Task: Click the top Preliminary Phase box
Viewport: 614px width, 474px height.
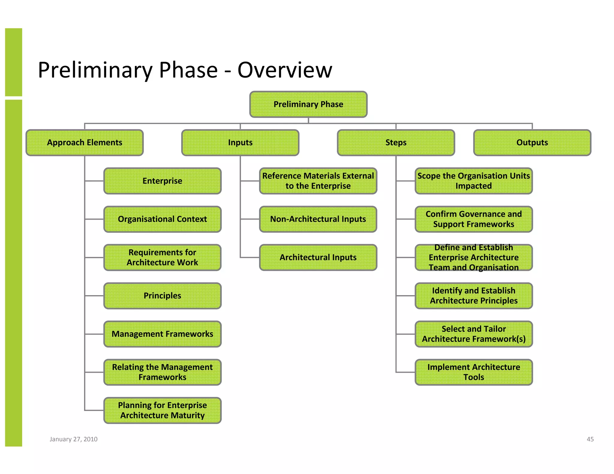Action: click(308, 104)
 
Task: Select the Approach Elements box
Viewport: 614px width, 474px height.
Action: click(85, 143)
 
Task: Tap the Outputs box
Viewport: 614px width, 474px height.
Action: click(532, 143)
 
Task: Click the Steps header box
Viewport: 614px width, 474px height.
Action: click(396, 143)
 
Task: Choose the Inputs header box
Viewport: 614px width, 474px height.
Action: click(240, 143)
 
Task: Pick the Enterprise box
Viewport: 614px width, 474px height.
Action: click(162, 181)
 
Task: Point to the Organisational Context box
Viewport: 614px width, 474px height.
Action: click(162, 219)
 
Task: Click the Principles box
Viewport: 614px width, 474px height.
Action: click(162, 296)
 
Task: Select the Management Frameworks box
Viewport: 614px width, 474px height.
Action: click(162, 334)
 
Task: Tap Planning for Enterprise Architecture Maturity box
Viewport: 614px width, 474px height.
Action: click(162, 410)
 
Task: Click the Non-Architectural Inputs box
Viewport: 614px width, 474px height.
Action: click(318, 219)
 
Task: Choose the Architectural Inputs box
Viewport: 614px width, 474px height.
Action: click(318, 257)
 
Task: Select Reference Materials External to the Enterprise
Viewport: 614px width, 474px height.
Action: click(318, 181)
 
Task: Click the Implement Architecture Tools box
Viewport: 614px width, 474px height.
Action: click(473, 372)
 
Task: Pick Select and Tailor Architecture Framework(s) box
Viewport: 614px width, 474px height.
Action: click(473, 334)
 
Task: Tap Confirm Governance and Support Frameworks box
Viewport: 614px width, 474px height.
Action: click(473, 219)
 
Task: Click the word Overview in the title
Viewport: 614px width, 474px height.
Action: click(285, 70)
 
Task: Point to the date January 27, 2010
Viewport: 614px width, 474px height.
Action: click(73, 439)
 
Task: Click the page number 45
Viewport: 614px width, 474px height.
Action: click(590, 439)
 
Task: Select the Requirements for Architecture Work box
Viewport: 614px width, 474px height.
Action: click(162, 257)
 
